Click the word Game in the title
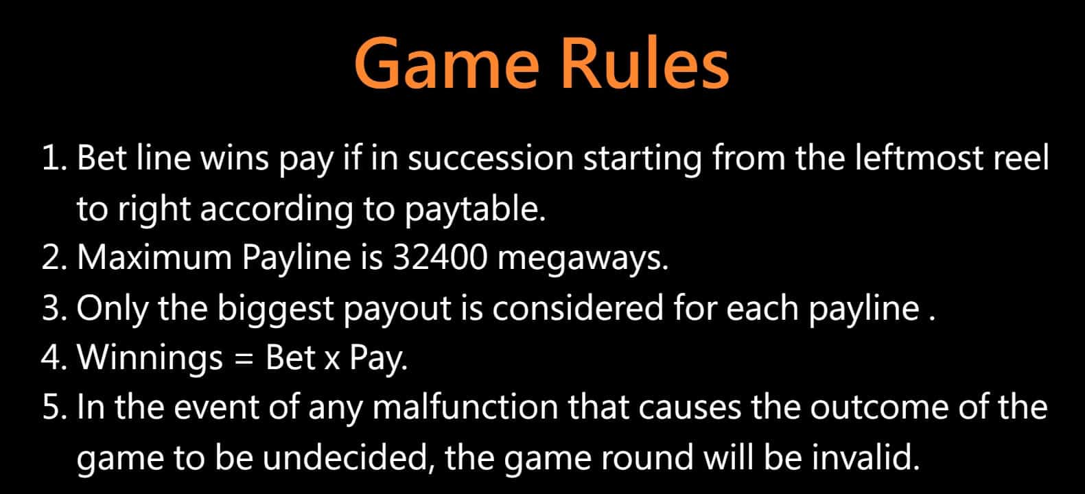pos(447,64)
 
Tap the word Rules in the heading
pos(644,63)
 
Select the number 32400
pos(440,257)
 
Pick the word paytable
pos(475,211)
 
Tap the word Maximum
pos(154,257)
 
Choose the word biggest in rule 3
pos(276,310)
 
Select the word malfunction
pos(465,406)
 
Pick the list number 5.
pos(54,406)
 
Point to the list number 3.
pos(54,309)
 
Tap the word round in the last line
pos(647,458)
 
